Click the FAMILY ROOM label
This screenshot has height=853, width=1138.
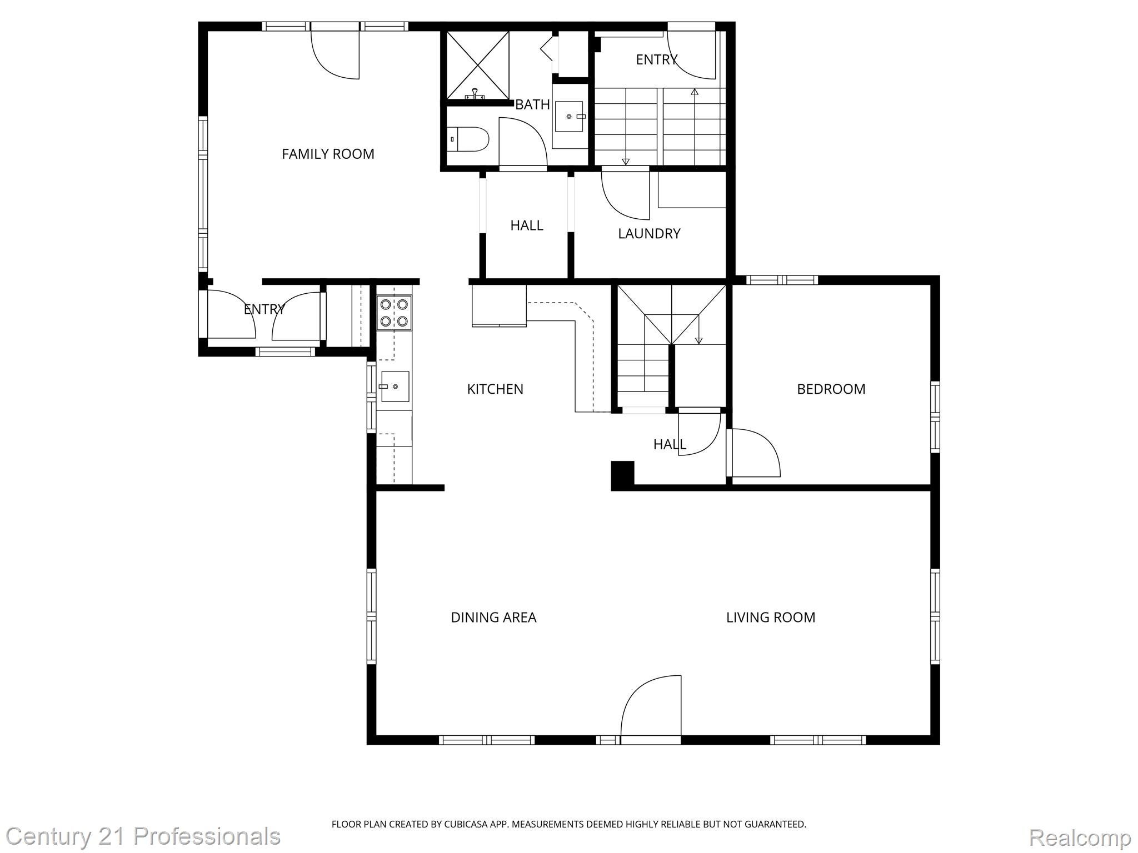tap(328, 154)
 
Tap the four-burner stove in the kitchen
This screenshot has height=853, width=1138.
tap(394, 313)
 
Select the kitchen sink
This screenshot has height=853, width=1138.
tap(395, 387)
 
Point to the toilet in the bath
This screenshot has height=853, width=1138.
tap(468, 139)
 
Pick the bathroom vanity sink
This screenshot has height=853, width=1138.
tap(568, 116)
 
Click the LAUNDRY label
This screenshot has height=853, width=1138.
tap(649, 233)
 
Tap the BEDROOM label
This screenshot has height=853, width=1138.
tap(831, 389)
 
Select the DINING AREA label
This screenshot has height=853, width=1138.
tap(493, 617)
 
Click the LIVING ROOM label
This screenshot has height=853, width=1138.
tap(771, 617)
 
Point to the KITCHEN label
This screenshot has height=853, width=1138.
tap(495, 389)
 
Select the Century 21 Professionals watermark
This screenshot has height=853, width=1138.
tap(143, 836)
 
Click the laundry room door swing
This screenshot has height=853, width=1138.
tap(625, 194)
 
